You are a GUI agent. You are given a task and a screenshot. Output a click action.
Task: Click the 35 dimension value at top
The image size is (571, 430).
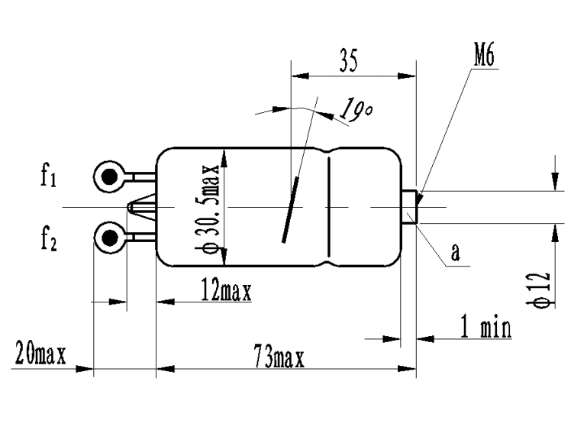pyautogui.click(x=349, y=60)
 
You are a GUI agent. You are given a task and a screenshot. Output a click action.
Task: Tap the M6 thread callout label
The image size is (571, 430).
pyautogui.click(x=484, y=54)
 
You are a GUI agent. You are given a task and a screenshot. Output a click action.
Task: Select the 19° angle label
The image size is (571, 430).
pyautogui.click(x=356, y=109)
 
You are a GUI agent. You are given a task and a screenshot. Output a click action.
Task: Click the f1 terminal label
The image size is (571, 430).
pyautogui.click(x=48, y=175)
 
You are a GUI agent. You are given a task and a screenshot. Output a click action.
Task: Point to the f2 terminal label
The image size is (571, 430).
pyautogui.click(x=48, y=239)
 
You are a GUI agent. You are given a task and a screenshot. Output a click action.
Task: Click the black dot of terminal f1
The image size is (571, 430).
pyautogui.click(x=110, y=177)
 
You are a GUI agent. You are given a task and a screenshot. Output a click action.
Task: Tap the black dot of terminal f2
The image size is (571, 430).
pyautogui.click(x=110, y=238)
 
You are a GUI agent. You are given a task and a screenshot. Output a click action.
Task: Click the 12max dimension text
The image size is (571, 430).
pyautogui.click(x=226, y=291)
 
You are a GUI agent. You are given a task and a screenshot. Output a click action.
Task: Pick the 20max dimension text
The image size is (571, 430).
pyautogui.click(x=40, y=353)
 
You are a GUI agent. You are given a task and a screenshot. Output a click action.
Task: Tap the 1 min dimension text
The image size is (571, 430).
pyautogui.click(x=486, y=326)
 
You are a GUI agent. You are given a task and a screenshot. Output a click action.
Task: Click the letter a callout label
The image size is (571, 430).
pyautogui.click(x=455, y=252)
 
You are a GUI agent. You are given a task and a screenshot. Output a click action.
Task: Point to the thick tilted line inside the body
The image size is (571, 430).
pyautogui.click(x=291, y=209)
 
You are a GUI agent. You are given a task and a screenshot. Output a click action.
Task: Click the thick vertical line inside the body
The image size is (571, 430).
pyautogui.click(x=329, y=207)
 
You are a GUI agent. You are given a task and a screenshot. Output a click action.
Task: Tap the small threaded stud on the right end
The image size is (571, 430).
pyautogui.click(x=409, y=207)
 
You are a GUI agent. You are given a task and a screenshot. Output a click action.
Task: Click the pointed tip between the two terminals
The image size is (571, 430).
pyautogui.click(x=129, y=207)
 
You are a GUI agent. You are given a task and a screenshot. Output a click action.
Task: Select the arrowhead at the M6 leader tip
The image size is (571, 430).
pyautogui.click(x=421, y=199)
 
